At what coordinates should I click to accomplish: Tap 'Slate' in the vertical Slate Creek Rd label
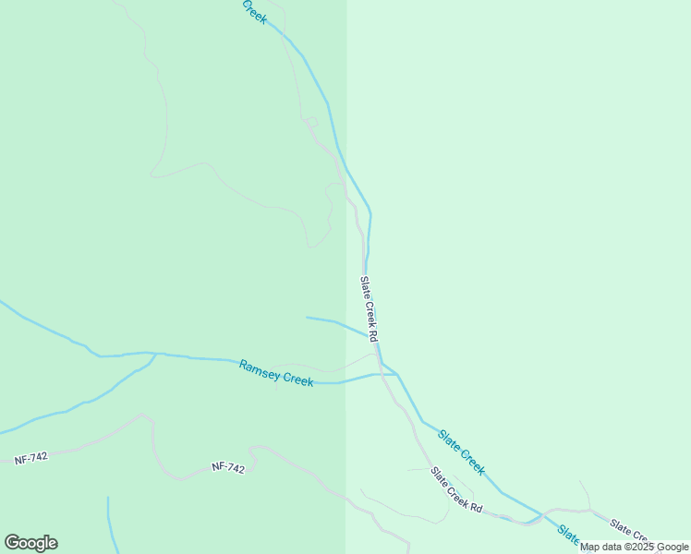365,286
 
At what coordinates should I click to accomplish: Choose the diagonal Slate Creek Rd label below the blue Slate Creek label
456,489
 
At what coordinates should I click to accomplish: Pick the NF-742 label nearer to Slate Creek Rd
228,468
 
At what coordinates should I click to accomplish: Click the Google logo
30,543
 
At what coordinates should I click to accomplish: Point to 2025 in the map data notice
638,548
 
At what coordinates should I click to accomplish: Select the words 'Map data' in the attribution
601,548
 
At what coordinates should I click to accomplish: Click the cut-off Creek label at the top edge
254,11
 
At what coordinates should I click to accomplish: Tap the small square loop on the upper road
311,122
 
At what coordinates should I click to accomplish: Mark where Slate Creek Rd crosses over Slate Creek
380,362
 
